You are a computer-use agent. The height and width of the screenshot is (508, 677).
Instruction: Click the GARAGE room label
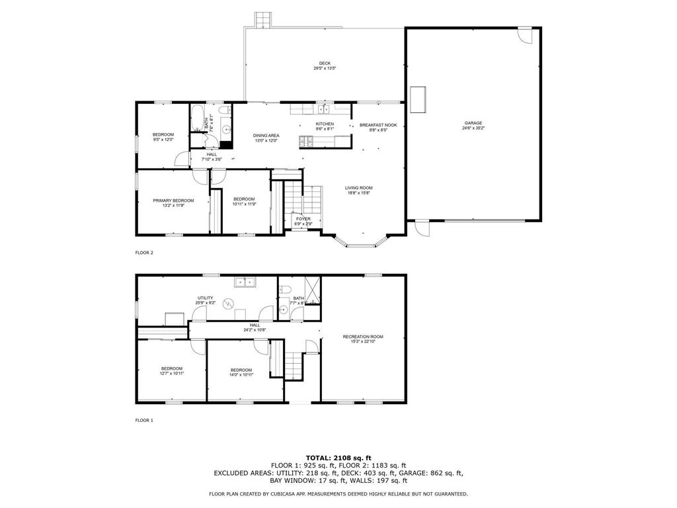pos(473,122)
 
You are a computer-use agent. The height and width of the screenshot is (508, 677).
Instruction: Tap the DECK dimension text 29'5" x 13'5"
pos(325,69)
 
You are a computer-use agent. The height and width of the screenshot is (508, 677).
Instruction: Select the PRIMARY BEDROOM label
pos(173,200)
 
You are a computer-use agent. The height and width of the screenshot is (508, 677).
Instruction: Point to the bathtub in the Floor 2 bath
pos(197,119)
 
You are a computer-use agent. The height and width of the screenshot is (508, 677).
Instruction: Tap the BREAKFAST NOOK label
pos(378,124)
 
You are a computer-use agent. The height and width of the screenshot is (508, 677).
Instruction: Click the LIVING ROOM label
pos(358,188)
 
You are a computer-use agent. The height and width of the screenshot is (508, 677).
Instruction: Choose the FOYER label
pos(303,218)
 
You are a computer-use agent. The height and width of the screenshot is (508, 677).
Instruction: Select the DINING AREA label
pos(266,135)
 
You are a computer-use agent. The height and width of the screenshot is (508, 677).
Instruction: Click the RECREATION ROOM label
pos(362,337)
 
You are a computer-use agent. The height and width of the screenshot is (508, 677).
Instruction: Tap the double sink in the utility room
pos(244,282)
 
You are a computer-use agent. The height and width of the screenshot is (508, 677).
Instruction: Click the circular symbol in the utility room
pos(228,304)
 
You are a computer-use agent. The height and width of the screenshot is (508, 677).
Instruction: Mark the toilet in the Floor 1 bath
pos(284,290)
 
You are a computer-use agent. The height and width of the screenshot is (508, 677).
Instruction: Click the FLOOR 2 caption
pos(144,252)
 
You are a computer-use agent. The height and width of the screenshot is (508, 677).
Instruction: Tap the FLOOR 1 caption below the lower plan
pos(144,420)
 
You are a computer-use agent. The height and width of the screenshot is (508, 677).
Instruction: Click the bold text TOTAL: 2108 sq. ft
pos(338,458)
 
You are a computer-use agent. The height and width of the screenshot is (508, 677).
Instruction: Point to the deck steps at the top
pos(264,20)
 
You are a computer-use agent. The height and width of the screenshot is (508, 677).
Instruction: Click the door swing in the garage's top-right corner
pos(524,35)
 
